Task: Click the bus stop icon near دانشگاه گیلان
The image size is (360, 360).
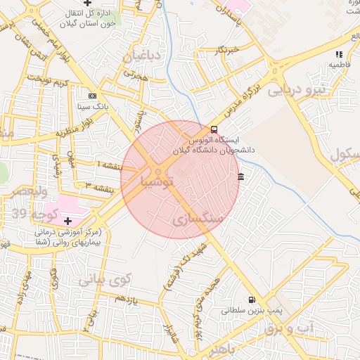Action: pyautogui.click(x=214, y=129)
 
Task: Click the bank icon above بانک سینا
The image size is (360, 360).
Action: pyautogui.click(x=92, y=96)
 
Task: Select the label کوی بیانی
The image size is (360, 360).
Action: pyautogui.click(x=105, y=280)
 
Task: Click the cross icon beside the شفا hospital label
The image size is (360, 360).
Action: pyautogui.click(x=67, y=221)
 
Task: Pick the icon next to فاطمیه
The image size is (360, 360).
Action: pyautogui.click(x=339, y=53)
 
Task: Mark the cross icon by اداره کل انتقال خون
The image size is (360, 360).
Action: pyautogui.click(x=87, y=4)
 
